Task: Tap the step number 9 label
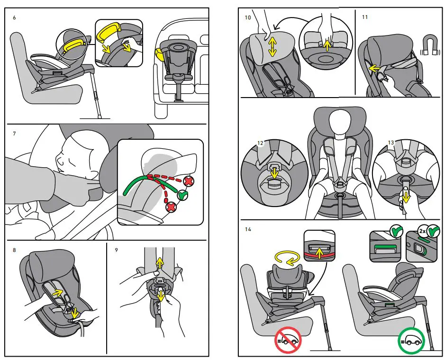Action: (117, 249)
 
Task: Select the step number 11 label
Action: (364, 17)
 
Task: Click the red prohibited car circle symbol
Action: (288, 340)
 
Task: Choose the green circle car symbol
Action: (410, 340)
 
